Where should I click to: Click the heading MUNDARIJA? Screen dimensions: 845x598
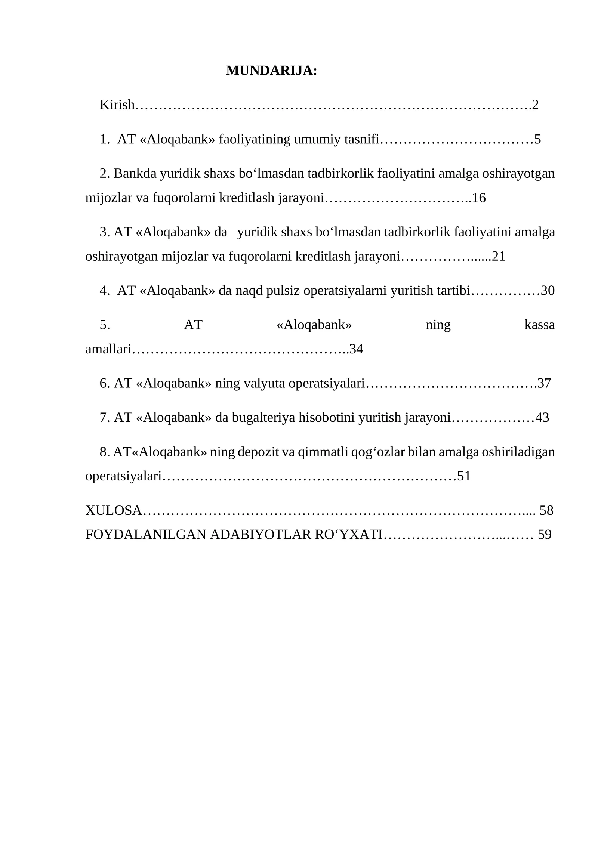tap(271, 71)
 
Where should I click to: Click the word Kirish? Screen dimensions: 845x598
tap(117, 105)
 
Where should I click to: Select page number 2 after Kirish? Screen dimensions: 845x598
tap(535, 105)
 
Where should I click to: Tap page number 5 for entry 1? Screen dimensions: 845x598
tap(537, 139)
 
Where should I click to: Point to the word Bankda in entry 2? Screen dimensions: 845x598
tap(135, 173)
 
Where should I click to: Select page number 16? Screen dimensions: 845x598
tap(479, 198)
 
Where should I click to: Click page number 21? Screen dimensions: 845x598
tap(499, 256)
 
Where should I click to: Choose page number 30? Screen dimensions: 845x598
tap(548, 290)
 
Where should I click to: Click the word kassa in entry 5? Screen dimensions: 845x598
tap(539, 325)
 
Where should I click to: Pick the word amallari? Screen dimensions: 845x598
tap(108, 349)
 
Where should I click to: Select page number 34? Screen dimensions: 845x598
tap(356, 349)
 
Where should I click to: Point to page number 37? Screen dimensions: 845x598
tap(544, 383)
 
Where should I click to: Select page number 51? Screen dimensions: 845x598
tap(464, 476)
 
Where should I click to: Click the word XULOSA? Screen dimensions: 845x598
tap(114, 510)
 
